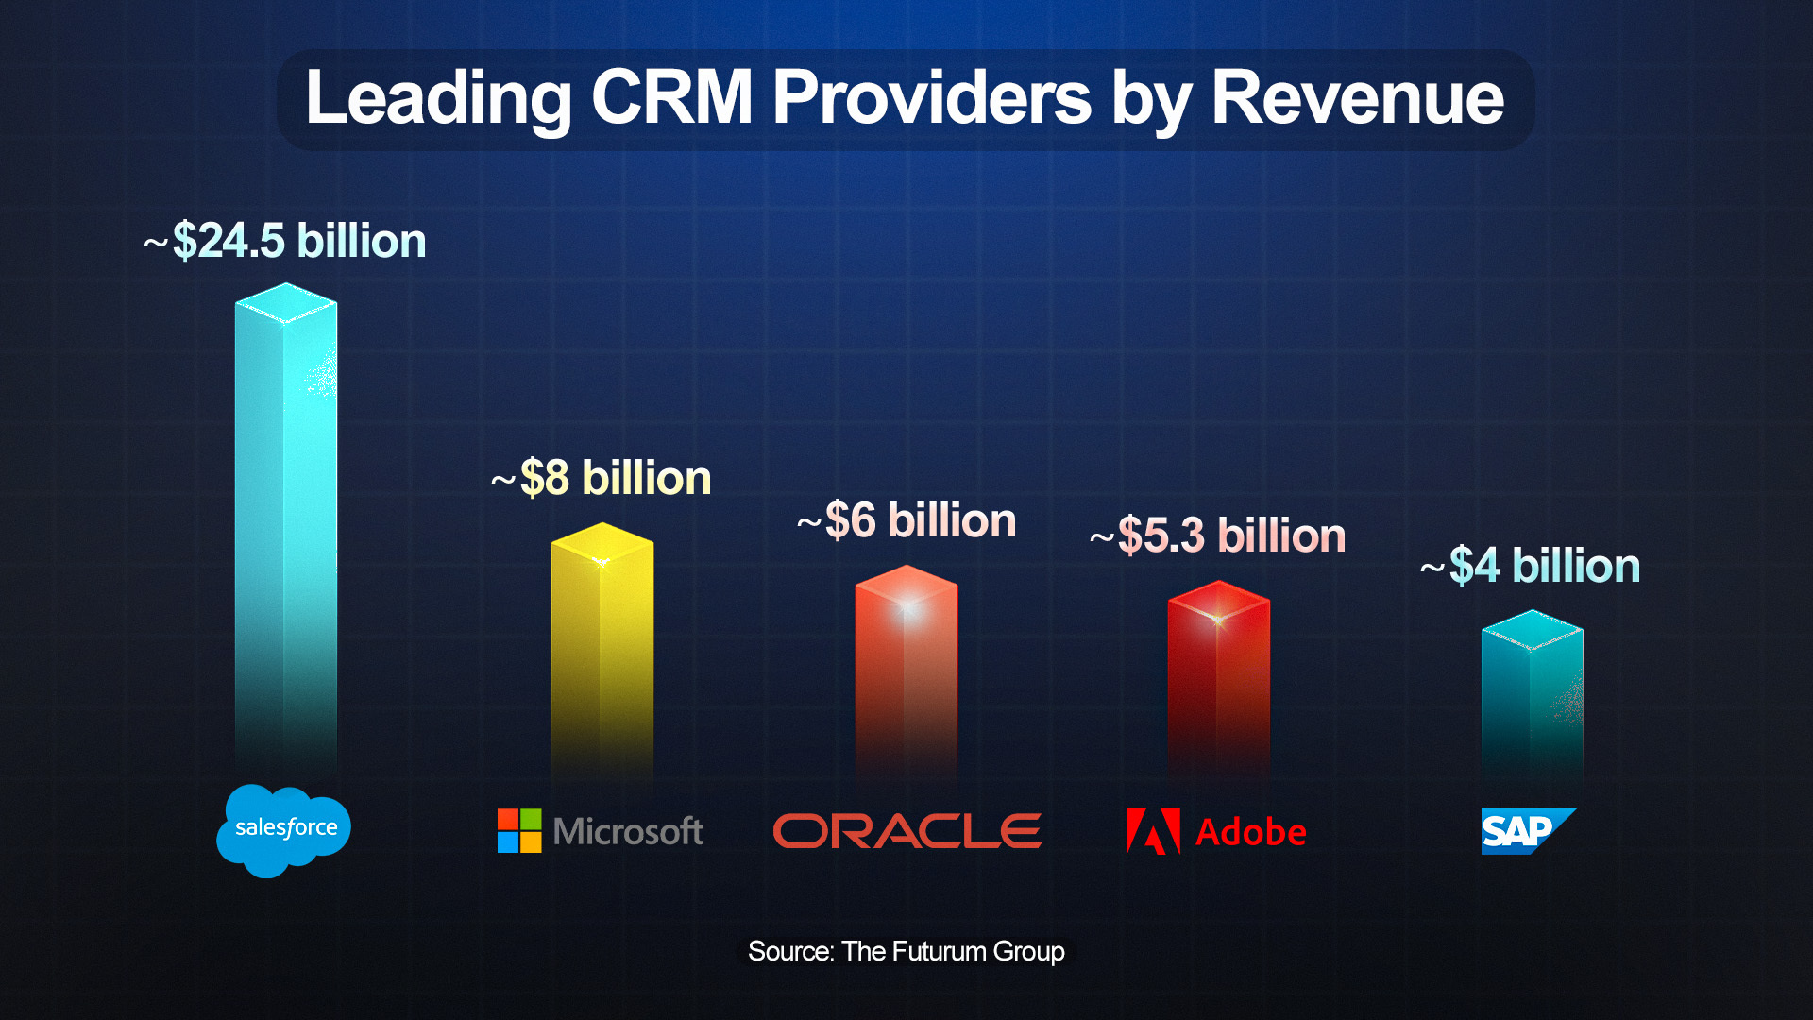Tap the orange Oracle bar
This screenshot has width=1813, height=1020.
point(906,671)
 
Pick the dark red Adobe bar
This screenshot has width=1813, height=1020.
point(1218,680)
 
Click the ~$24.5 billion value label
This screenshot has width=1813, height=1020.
point(285,241)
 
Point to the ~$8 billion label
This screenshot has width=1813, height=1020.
point(602,478)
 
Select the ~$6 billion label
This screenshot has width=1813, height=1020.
point(906,520)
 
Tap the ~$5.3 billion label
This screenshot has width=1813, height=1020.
point(1218,535)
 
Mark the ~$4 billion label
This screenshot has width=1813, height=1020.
point(1531,566)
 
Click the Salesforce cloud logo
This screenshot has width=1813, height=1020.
point(283,829)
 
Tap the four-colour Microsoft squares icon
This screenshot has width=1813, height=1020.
point(519,831)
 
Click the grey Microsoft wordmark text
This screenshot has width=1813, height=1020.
point(628,832)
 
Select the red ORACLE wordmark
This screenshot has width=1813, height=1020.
point(906,831)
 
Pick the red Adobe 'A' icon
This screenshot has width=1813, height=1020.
point(1152,831)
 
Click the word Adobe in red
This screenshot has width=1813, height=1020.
point(1251,832)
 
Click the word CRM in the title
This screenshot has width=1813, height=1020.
point(671,98)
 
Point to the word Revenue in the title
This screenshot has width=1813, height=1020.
point(1357,98)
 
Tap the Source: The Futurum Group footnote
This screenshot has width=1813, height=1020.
point(906,951)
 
